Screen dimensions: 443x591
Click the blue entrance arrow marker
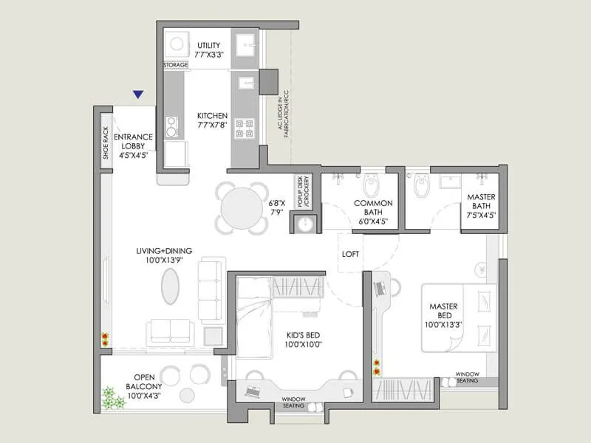tap(137, 95)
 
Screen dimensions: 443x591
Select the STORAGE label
tap(176, 66)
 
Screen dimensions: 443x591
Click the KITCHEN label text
tap(212, 121)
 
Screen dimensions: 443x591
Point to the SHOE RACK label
tap(105, 142)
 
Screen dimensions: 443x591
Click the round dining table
tap(242, 209)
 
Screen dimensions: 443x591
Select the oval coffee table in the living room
tap(170, 286)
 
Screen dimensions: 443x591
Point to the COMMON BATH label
tap(373, 208)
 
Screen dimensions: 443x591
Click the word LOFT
tap(351, 254)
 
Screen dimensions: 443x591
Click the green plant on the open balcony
tap(113, 399)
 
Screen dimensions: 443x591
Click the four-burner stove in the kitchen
tap(245, 128)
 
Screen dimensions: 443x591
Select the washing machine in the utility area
tap(177, 45)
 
